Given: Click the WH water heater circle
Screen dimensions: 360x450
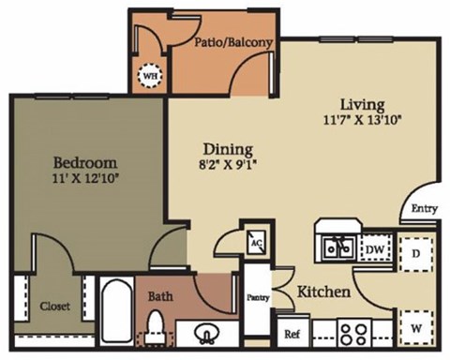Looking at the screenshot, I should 150,76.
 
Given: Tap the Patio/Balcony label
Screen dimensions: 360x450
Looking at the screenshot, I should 233,42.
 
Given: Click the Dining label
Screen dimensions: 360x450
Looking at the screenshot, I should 228,148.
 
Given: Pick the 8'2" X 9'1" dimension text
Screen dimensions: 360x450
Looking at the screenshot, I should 228,164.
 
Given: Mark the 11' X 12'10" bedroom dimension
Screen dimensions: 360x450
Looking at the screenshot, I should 84,175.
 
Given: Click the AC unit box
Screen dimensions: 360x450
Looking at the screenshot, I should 255,240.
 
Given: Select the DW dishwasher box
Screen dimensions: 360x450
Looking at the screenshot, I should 373,247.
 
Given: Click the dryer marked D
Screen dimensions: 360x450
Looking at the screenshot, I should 415,253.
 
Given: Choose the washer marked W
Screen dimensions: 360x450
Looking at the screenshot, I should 415,328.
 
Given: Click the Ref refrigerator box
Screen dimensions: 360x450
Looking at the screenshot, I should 292,333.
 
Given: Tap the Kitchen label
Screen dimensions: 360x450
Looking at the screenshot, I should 323,292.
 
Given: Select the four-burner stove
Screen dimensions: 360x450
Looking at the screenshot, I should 357,332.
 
